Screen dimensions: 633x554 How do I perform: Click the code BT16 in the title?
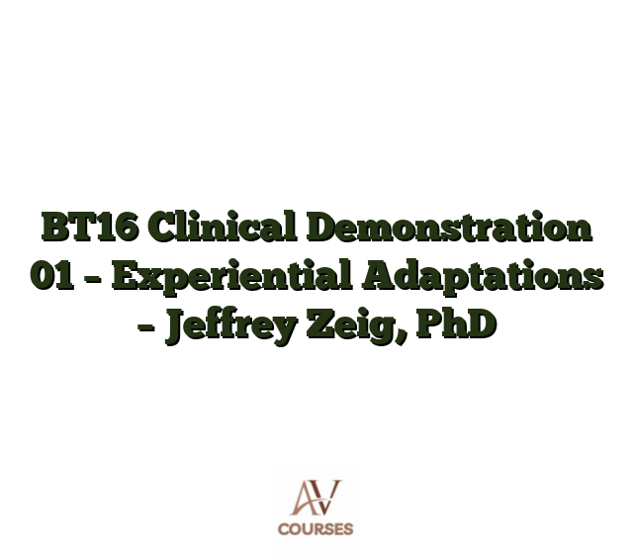coord(91,227)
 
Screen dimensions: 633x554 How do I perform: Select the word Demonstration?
coord(449,227)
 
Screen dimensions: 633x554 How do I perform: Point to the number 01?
coord(52,276)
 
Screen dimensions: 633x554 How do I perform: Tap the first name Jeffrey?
coord(231,326)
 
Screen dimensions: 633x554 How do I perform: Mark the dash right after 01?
coord(93,279)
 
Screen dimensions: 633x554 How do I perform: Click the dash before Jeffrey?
coord(146,327)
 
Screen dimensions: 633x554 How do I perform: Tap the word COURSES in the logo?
coord(316,529)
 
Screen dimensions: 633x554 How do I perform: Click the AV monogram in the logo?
coord(316,498)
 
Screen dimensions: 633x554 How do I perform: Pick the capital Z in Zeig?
coord(320,324)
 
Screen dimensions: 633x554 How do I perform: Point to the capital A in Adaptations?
coord(378,276)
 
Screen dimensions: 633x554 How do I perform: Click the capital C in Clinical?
coord(163,228)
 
